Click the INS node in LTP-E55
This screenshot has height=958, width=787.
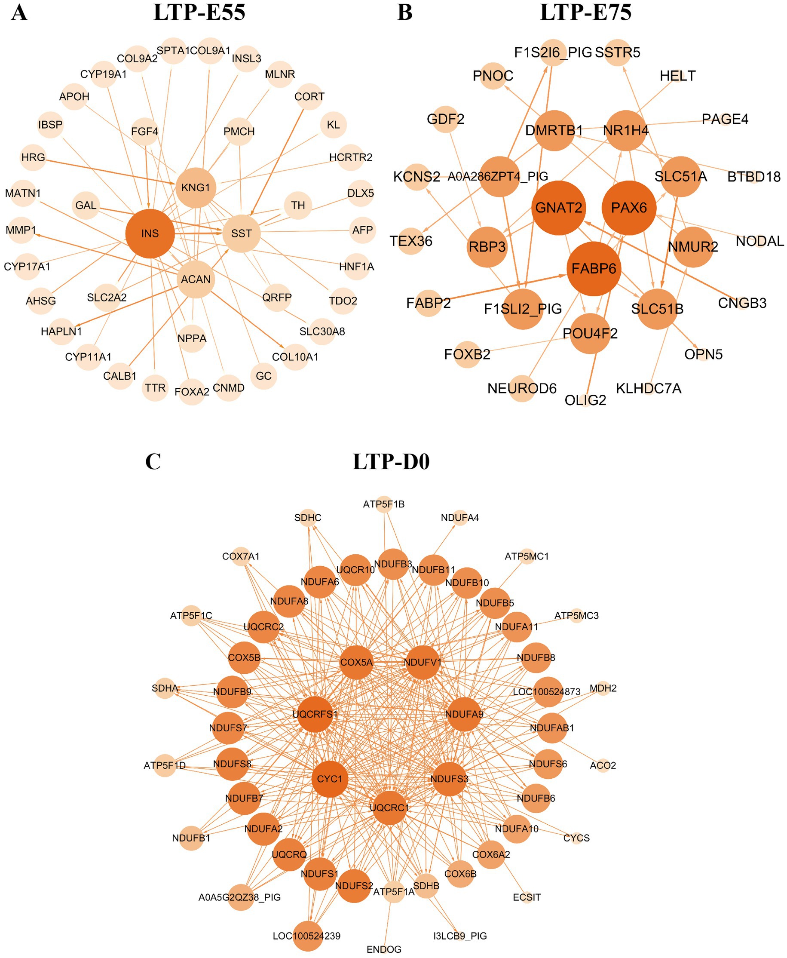(x=150, y=233)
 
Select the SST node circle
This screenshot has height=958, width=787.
(x=241, y=233)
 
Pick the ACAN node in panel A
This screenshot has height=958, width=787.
(x=196, y=279)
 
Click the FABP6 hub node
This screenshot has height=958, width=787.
(x=594, y=269)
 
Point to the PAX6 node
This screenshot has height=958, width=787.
(x=628, y=208)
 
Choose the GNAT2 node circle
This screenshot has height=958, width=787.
(x=558, y=208)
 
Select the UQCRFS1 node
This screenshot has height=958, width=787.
(x=315, y=715)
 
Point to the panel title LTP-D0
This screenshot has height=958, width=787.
(x=391, y=462)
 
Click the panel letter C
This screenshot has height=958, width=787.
(x=153, y=462)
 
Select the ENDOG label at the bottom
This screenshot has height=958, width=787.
(x=384, y=949)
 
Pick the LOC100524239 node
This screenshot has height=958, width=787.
(x=307, y=936)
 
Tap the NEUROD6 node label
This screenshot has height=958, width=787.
(x=522, y=389)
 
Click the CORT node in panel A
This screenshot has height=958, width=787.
(x=309, y=97)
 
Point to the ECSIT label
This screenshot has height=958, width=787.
(x=527, y=897)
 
